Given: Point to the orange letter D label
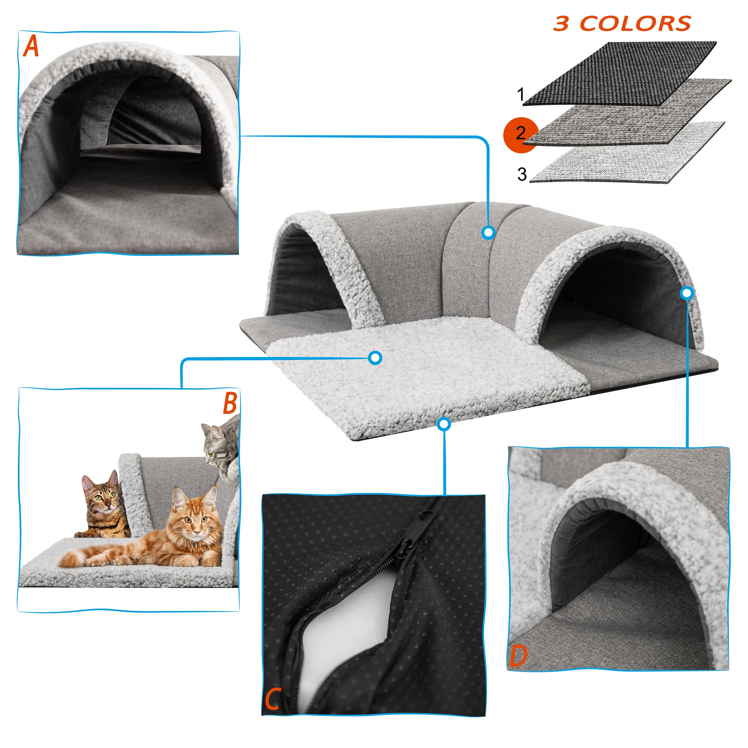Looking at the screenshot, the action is click(518, 655).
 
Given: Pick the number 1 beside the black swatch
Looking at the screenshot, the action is click(521, 94).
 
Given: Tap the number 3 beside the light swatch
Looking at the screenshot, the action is click(522, 174).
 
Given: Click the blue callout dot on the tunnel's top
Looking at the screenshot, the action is click(489, 232).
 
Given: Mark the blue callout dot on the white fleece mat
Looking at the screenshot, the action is click(375, 358).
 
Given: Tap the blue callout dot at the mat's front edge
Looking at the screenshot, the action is click(444, 424).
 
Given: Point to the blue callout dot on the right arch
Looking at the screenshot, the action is click(687, 293).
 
